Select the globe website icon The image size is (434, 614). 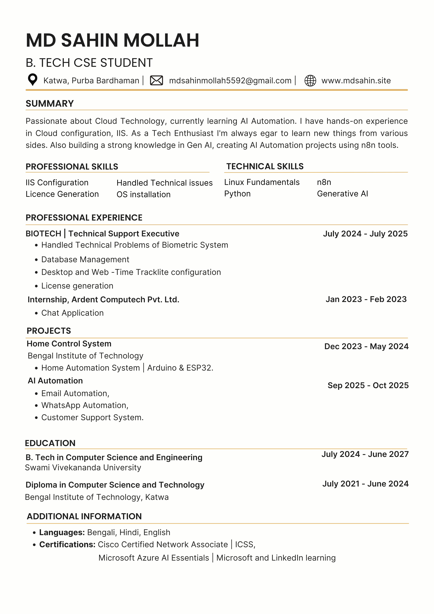coord(310,80)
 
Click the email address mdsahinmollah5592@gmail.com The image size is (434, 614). coord(230,80)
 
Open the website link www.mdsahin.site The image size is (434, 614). coord(356,80)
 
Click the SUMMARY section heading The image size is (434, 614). coord(50,103)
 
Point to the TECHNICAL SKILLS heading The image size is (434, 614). coord(265,166)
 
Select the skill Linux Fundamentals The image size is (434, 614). coord(262,182)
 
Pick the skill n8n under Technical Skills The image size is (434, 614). coord(324,182)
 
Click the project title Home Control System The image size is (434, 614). coord(69,344)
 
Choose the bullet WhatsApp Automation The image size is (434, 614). coord(85,405)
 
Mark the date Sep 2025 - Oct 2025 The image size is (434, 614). coord(368,385)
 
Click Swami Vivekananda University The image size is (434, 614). coord(83,467)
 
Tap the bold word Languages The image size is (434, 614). coord(62,532)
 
